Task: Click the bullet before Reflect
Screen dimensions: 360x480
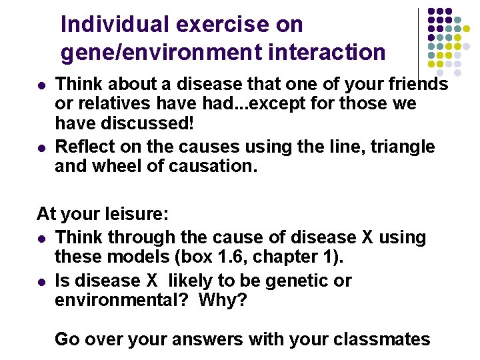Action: (41, 147)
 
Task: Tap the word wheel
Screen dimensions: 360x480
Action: (122, 166)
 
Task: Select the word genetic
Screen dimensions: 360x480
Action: (299, 281)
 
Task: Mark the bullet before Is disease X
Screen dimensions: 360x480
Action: (41, 281)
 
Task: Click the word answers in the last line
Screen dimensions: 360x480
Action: (202, 339)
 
